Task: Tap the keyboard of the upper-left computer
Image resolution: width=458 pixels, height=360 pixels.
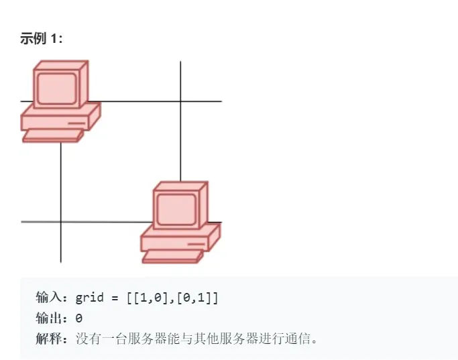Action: (x=52, y=136)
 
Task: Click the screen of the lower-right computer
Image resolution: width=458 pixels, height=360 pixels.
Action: (x=176, y=207)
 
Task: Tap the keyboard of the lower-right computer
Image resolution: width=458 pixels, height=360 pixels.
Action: (x=172, y=257)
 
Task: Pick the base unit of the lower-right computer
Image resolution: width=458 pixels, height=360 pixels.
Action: (x=180, y=238)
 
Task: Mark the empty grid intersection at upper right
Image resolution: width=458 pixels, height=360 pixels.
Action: (x=180, y=101)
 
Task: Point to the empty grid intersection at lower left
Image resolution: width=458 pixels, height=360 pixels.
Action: (x=61, y=221)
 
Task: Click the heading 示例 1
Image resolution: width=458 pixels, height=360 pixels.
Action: (x=42, y=39)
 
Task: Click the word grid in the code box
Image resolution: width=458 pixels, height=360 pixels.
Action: (x=90, y=297)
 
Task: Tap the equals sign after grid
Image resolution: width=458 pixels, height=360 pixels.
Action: (x=116, y=297)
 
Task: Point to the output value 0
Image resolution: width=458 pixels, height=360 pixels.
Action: (x=79, y=318)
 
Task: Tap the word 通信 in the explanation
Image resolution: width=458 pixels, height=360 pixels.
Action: (x=299, y=339)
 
